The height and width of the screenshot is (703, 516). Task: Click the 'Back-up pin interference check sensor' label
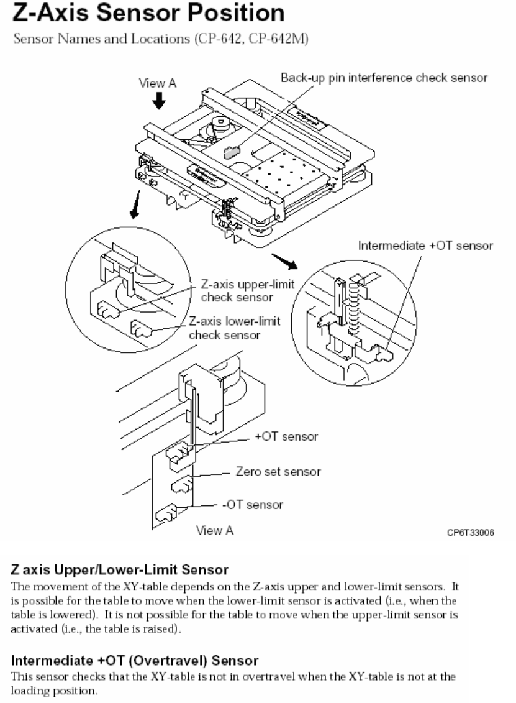point(382,78)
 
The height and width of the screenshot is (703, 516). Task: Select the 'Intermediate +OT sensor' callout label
point(425,246)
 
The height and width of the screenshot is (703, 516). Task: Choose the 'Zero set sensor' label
point(278,471)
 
